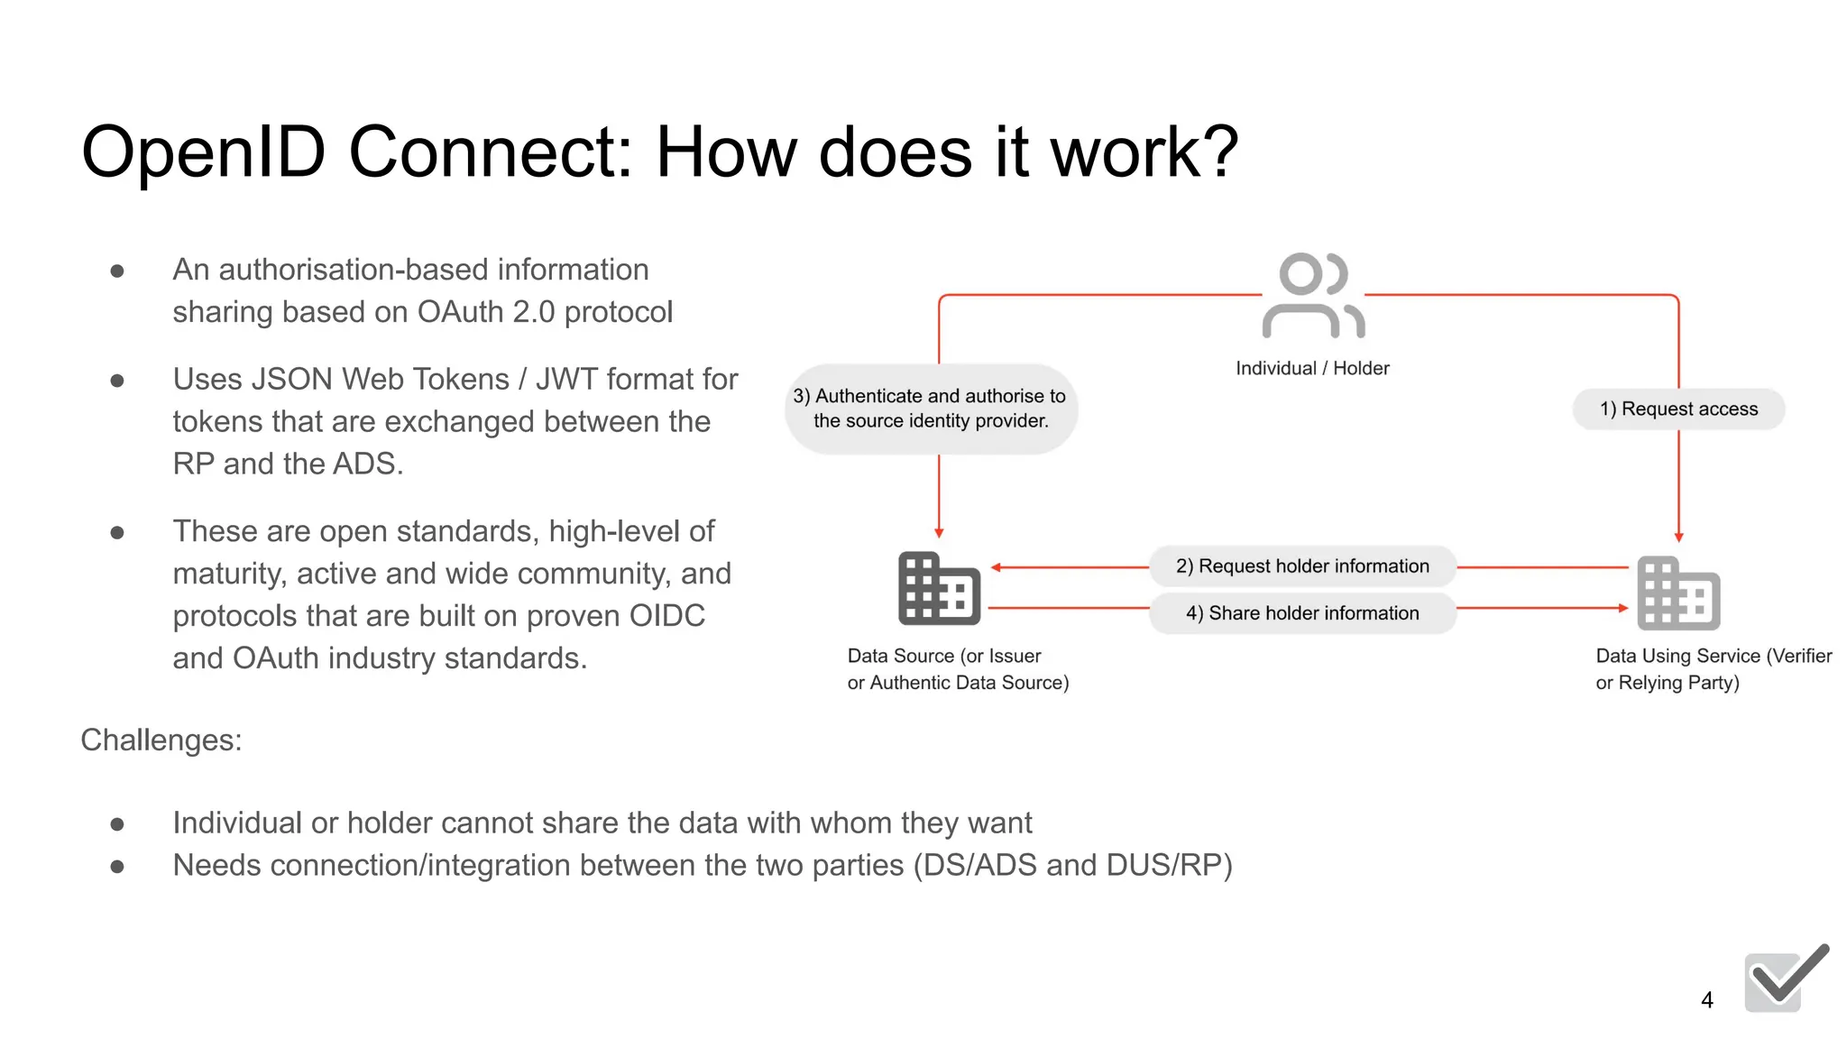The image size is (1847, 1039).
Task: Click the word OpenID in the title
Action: pyautogui.click(x=203, y=152)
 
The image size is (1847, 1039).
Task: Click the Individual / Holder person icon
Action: pyautogui.click(x=1313, y=296)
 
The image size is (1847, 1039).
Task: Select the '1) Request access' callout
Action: pyautogui.click(x=1678, y=409)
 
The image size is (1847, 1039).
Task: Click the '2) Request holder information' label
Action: pyautogui.click(x=1302, y=565)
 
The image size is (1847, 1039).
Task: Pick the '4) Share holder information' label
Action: pyautogui.click(x=1302, y=613)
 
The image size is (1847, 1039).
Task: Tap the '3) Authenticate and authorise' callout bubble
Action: pyautogui.click(x=931, y=409)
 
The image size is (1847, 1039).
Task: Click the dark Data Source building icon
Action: pyautogui.click(x=939, y=589)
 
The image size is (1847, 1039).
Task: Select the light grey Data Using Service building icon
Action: pyautogui.click(x=1678, y=593)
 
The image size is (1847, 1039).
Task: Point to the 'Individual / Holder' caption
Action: pyautogui.click(x=1312, y=368)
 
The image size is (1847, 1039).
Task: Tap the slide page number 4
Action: pyautogui.click(x=1706, y=999)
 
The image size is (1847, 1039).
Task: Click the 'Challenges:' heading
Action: pyautogui.click(x=161, y=740)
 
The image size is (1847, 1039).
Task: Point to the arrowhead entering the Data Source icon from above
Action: pyautogui.click(x=939, y=533)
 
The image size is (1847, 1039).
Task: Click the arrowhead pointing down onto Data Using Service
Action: pyautogui.click(x=1678, y=537)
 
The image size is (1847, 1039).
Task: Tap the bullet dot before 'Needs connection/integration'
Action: pyautogui.click(x=117, y=867)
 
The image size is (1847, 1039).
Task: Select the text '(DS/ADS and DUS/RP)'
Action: pyautogui.click(x=1072, y=866)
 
